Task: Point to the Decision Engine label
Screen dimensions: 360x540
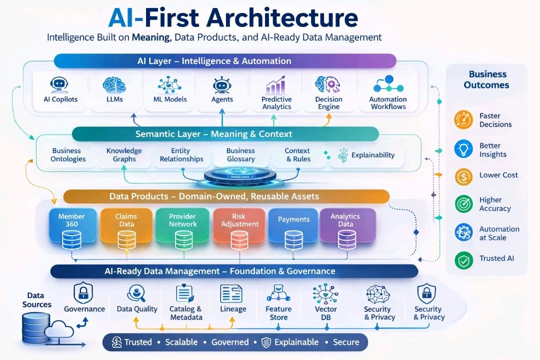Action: click(328, 102)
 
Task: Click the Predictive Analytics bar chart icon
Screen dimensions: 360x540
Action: click(275, 85)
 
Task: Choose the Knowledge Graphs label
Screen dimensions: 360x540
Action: click(124, 154)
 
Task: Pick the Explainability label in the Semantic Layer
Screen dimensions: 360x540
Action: click(372, 155)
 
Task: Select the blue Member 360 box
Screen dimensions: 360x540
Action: click(72, 225)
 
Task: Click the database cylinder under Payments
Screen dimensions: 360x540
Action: click(293, 239)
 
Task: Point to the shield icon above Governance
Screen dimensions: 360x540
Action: click(84, 292)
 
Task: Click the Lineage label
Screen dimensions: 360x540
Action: click(233, 309)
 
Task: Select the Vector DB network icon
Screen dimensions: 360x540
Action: click(326, 293)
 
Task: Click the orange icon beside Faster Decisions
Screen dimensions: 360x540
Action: click(462, 120)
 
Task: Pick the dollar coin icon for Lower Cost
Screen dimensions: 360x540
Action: click(462, 175)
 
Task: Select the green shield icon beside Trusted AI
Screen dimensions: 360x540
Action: click(462, 259)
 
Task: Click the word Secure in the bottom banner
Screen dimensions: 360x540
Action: click(346, 342)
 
